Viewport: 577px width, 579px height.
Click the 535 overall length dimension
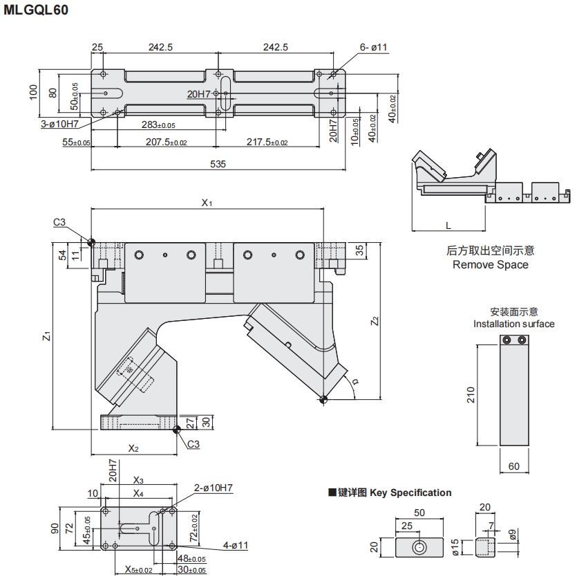point(218,164)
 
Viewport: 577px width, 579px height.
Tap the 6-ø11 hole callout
point(374,47)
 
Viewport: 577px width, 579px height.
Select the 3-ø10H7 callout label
point(60,125)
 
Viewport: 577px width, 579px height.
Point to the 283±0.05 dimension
point(158,125)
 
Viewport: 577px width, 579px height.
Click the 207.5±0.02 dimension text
point(166,142)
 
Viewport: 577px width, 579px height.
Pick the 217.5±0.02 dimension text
point(267,142)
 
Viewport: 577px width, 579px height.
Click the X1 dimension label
point(206,203)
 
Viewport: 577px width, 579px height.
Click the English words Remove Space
point(490,264)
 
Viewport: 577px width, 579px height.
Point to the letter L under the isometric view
point(448,226)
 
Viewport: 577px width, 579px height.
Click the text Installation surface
point(513,324)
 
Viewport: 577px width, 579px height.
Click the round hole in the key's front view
point(419,547)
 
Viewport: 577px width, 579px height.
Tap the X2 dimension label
point(133,448)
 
